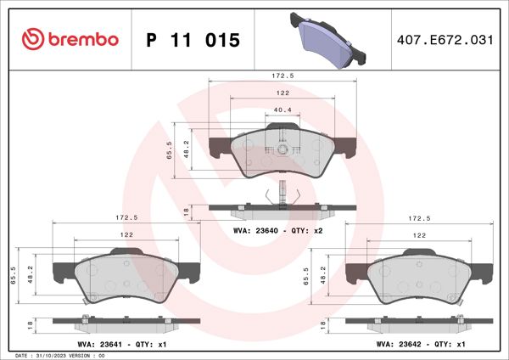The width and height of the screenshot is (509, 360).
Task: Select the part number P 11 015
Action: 193,40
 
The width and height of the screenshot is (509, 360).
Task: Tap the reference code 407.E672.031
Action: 445,40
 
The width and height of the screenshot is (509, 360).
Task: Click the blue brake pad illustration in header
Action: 328,39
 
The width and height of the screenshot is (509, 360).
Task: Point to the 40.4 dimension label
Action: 282,110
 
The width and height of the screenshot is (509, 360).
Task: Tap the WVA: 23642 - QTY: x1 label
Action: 420,345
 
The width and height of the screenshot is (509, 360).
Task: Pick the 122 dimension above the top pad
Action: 282,93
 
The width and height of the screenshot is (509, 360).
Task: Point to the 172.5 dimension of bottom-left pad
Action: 128,218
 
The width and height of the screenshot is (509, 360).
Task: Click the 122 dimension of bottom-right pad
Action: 419,235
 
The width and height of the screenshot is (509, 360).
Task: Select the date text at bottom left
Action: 59,355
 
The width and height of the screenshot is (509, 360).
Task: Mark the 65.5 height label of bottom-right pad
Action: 306,278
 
